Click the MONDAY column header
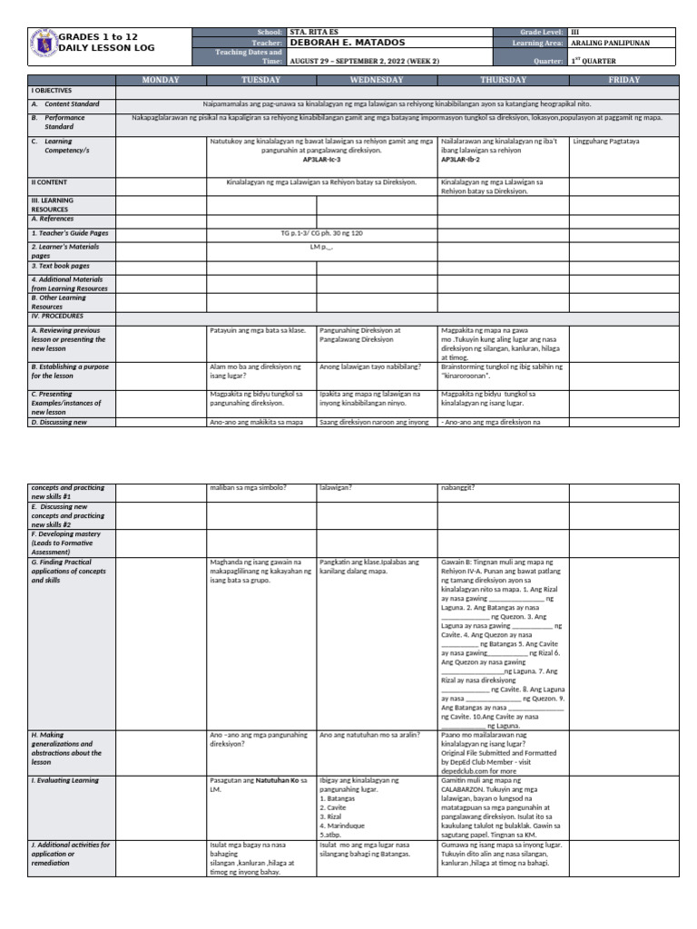[162, 81]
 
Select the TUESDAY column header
[261, 81]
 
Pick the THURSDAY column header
[503, 81]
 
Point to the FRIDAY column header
[623, 81]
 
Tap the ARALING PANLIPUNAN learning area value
[610, 43]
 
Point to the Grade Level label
[541, 32]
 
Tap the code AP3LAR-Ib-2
[461, 159]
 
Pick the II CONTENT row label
[51, 182]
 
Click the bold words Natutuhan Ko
[277, 780]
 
